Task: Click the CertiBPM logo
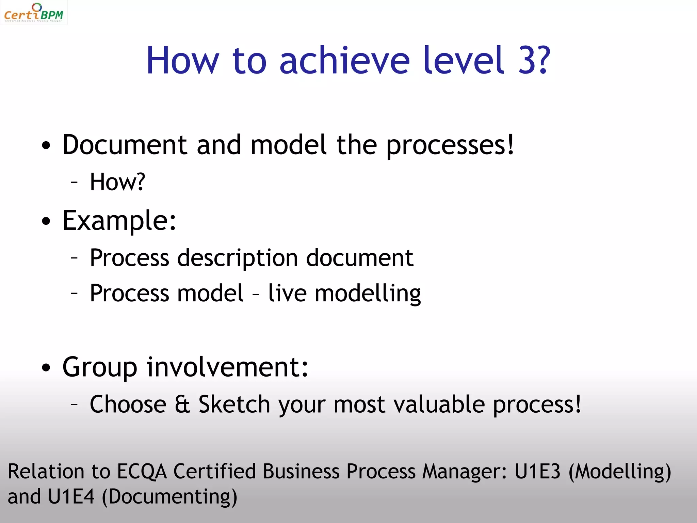click(33, 13)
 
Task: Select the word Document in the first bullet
click(125, 145)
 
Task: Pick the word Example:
click(119, 221)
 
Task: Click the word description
click(238, 258)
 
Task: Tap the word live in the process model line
click(288, 293)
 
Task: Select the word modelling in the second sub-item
click(368, 294)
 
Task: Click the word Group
click(100, 368)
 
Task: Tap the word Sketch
click(234, 405)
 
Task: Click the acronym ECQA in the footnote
click(142, 472)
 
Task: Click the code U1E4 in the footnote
click(71, 496)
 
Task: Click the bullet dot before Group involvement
click(46, 368)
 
